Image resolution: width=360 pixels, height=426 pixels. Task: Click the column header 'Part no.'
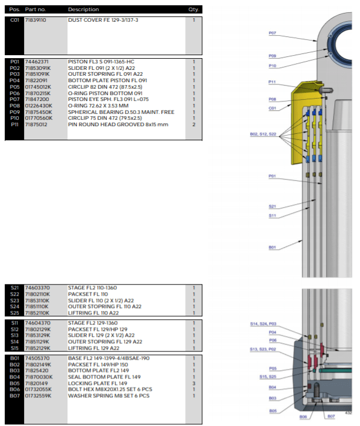(x=36, y=9)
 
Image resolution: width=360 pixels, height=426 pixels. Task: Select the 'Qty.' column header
(x=193, y=9)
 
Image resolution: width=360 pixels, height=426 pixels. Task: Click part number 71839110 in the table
(x=36, y=20)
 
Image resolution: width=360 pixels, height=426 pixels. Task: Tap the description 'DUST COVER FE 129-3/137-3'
(x=103, y=20)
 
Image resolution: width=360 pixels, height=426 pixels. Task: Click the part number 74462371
(x=37, y=61)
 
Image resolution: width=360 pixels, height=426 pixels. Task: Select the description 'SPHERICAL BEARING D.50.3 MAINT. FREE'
(x=121, y=112)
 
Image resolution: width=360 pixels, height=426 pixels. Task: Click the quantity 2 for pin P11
(x=194, y=124)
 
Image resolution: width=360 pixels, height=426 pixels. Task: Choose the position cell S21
(x=15, y=288)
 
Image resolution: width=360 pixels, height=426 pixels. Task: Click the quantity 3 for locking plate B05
(x=194, y=384)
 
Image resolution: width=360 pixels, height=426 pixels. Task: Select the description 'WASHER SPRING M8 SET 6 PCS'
(x=108, y=396)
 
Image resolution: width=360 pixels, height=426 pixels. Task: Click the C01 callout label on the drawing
(x=273, y=108)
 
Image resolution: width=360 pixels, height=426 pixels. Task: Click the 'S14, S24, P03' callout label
(x=263, y=323)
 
